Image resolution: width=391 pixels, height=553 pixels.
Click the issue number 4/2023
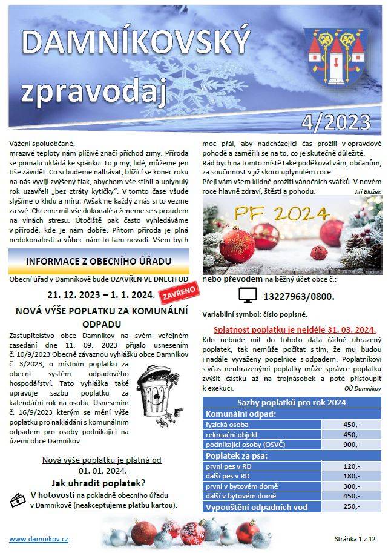[x=337, y=122]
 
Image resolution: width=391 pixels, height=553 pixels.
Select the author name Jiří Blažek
[x=367, y=191]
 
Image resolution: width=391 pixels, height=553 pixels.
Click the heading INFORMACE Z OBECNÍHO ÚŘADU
[x=99, y=262]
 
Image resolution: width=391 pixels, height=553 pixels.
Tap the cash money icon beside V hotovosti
[x=18, y=499]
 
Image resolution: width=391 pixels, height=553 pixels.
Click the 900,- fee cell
[x=351, y=445]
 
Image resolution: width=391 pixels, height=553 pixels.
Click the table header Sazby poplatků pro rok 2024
[x=292, y=403]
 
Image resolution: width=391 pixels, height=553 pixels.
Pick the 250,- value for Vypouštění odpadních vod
[x=351, y=507]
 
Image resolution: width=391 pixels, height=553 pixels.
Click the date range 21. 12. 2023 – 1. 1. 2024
[x=100, y=295]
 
